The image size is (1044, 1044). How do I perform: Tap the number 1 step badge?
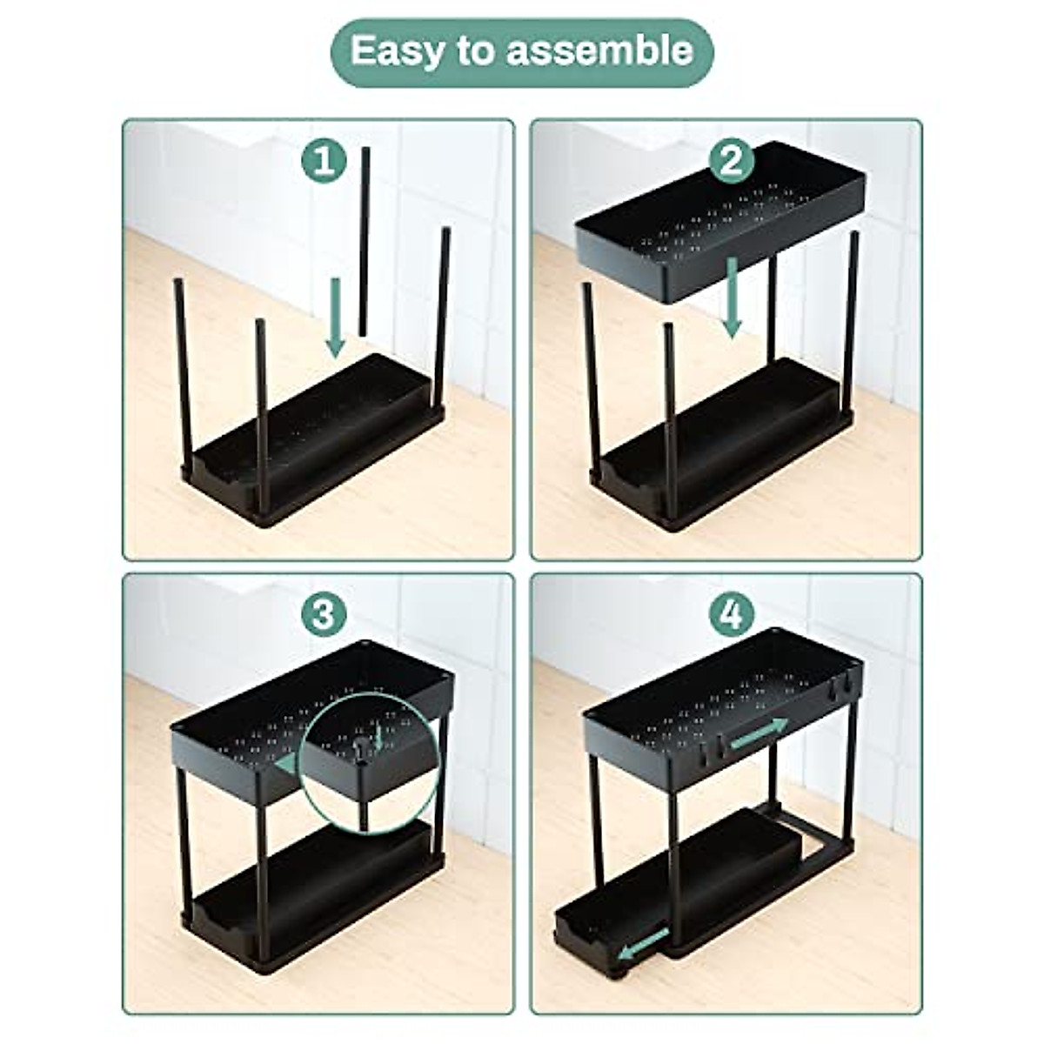(x=324, y=162)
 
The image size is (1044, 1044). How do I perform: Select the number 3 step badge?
(x=324, y=615)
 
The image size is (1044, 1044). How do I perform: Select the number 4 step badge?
(x=733, y=615)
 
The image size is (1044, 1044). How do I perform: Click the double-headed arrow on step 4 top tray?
(x=759, y=733)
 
